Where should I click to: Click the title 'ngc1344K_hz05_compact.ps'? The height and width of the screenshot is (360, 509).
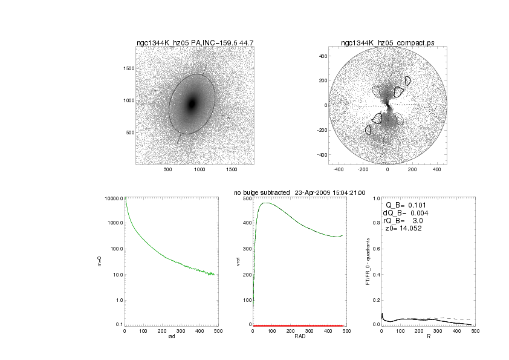pos(387,43)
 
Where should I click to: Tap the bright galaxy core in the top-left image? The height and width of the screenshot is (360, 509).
pos(192,103)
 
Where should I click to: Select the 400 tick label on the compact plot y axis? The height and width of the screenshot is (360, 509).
pos(323,56)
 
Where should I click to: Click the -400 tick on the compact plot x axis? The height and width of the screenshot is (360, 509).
pos(340,170)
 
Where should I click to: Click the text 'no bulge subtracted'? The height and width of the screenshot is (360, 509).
pos(261,192)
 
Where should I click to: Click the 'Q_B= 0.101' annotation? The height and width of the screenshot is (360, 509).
pos(403,205)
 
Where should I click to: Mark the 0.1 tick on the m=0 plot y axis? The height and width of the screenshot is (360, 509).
pos(119,325)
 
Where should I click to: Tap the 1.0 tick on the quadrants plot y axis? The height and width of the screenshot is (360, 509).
pos(376,198)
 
